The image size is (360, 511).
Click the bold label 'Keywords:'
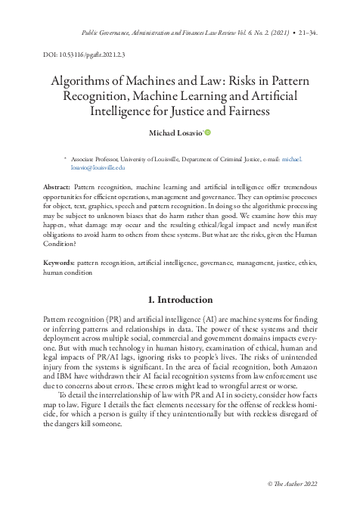click(x=60, y=260)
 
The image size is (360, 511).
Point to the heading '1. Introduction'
click(x=180, y=300)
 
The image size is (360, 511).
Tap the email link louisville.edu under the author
click(x=93, y=168)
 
